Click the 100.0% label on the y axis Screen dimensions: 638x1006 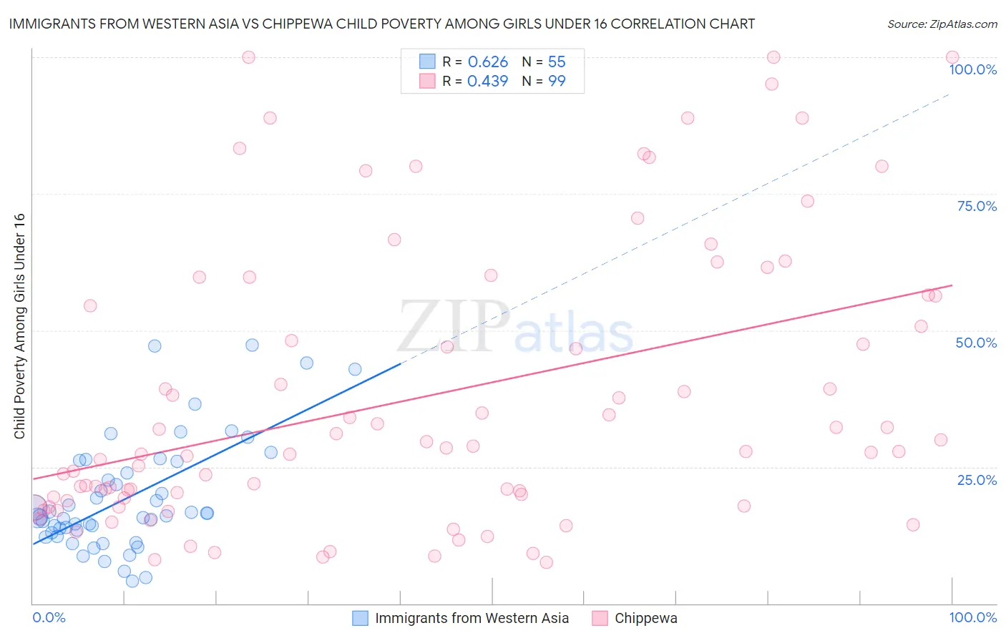click(x=972, y=69)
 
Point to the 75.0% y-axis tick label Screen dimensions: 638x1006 click(x=977, y=206)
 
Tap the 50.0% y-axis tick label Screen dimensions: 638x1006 click(x=976, y=343)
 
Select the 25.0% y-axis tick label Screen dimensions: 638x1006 click(x=977, y=480)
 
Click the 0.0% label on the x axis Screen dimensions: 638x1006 click(x=49, y=617)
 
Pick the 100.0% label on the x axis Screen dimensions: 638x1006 click(x=972, y=617)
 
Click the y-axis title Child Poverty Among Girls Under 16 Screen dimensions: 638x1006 click(x=19, y=326)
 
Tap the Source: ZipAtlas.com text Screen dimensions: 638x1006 click(x=942, y=24)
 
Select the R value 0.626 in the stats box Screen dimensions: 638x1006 click(x=487, y=62)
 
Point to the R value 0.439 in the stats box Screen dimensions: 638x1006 click(x=487, y=82)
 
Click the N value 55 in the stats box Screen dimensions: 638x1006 click(x=557, y=62)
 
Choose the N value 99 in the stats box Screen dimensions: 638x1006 click(x=557, y=82)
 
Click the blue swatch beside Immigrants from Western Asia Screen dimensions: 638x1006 click(x=360, y=618)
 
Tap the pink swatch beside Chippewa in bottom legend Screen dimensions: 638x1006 click(x=600, y=618)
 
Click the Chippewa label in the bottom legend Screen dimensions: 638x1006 click(x=645, y=618)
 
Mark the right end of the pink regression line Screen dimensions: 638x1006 click(x=952, y=285)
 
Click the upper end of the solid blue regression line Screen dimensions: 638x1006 click(x=400, y=363)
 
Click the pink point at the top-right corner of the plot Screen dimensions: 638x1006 click(x=952, y=57)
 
